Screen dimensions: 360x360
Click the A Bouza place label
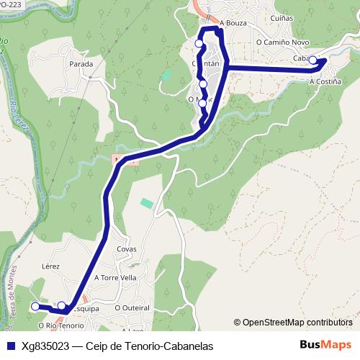(233, 23)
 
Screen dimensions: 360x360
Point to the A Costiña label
(324, 82)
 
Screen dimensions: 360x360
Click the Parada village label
(81, 64)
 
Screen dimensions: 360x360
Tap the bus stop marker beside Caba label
(313, 60)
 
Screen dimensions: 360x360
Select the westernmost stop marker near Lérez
(35, 306)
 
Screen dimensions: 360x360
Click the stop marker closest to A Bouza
(199, 44)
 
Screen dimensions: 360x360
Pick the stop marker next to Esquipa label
(62, 305)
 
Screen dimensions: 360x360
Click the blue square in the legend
(11, 346)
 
